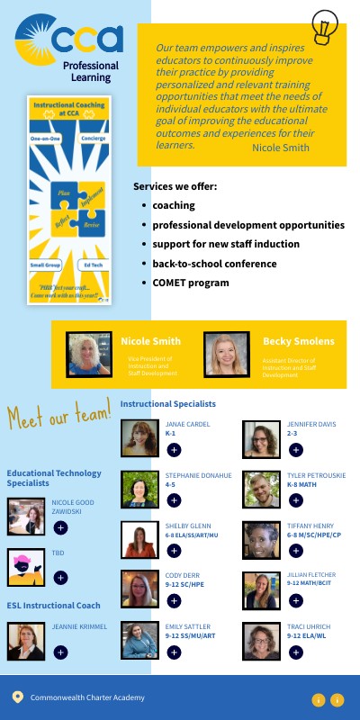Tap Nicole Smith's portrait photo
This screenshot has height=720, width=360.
[x=90, y=354]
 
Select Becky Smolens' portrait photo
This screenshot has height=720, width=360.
[x=226, y=354]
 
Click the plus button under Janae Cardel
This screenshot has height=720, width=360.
[x=174, y=449]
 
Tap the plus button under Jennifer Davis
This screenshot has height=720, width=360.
[x=296, y=449]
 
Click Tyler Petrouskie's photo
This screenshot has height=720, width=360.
[x=262, y=489]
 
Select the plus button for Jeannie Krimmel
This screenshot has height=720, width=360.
[x=60, y=652]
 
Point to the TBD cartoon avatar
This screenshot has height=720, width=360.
[x=26, y=567]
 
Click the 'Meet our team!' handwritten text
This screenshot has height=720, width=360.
[x=58, y=416]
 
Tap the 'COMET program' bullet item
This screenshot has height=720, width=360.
[x=191, y=283]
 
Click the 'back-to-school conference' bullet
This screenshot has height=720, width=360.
[x=214, y=264]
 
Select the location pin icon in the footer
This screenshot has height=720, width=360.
[x=17, y=697]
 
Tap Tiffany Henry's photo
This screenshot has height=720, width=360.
[x=262, y=540]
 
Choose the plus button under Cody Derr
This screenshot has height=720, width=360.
[x=174, y=600]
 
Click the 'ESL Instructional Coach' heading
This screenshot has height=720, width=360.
[x=54, y=606]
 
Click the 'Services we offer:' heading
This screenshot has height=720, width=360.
[x=175, y=186]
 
